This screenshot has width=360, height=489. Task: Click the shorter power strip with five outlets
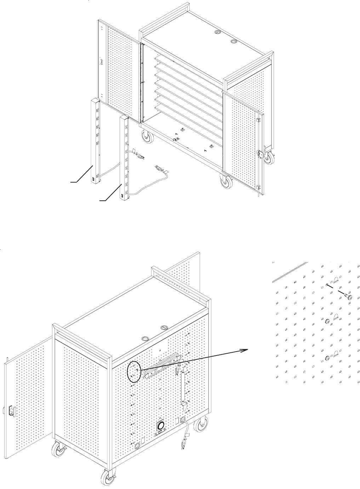(97, 138)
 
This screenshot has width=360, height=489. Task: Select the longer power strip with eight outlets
(124, 156)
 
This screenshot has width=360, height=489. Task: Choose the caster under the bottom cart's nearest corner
(106, 478)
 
